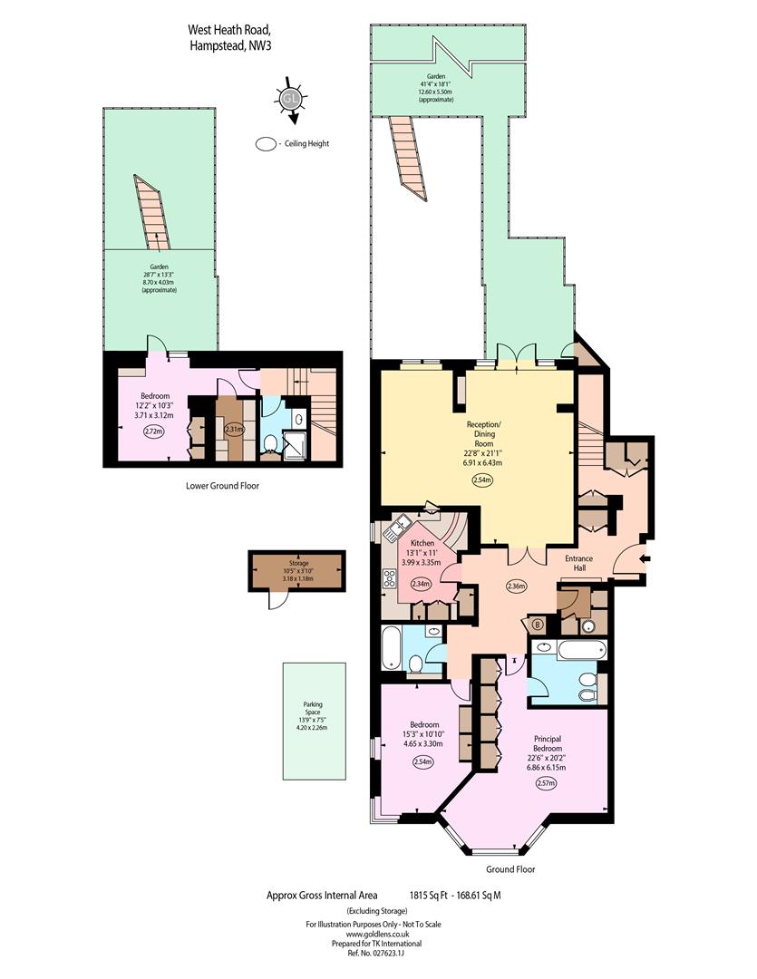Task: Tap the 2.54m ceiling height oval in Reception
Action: point(482,480)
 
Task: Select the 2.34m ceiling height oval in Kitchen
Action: point(422,585)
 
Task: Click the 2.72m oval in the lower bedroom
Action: point(153,431)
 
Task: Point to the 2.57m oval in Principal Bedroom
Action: point(546,783)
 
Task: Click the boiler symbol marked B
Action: point(537,624)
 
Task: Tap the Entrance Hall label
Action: point(579,563)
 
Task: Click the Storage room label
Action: point(298,563)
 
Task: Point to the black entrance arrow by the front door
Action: point(645,558)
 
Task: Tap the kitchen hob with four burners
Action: point(390,578)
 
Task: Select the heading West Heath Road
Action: point(230,29)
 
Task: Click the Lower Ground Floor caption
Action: point(222,485)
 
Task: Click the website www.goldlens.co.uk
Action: point(373,934)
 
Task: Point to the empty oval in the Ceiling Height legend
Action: point(266,143)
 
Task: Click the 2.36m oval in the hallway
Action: point(517,586)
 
